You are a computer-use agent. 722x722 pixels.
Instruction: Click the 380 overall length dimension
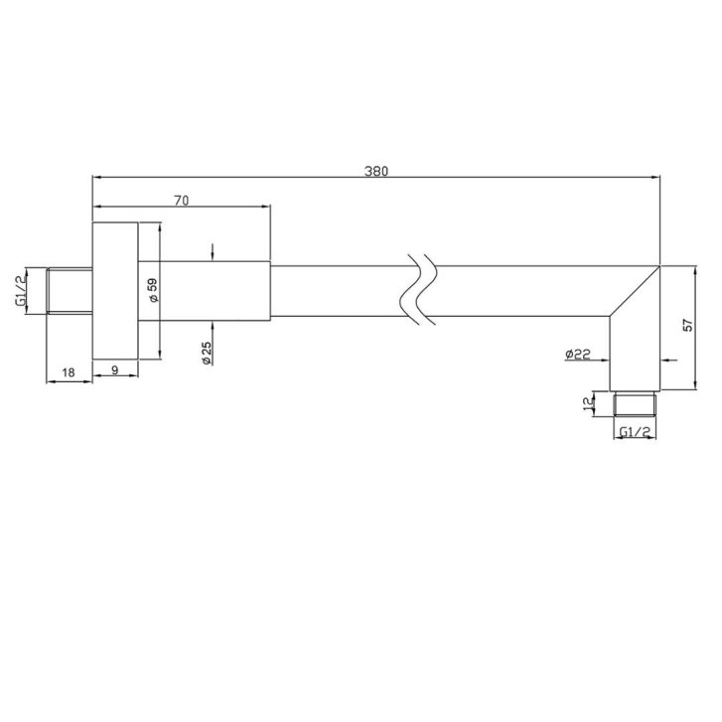(376, 171)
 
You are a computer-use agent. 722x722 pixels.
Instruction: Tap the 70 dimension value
(182, 201)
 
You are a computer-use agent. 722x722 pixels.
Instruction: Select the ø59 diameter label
(153, 290)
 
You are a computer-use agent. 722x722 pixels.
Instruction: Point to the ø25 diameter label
(207, 354)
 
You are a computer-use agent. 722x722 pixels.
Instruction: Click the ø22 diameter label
(578, 354)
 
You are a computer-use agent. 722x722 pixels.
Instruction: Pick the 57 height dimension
(688, 326)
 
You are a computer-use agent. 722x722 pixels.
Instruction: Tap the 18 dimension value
(69, 372)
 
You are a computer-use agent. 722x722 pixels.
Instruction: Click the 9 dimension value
(115, 369)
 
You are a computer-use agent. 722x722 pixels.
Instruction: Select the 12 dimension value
(588, 404)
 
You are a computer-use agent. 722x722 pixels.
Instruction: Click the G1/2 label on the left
(21, 291)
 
